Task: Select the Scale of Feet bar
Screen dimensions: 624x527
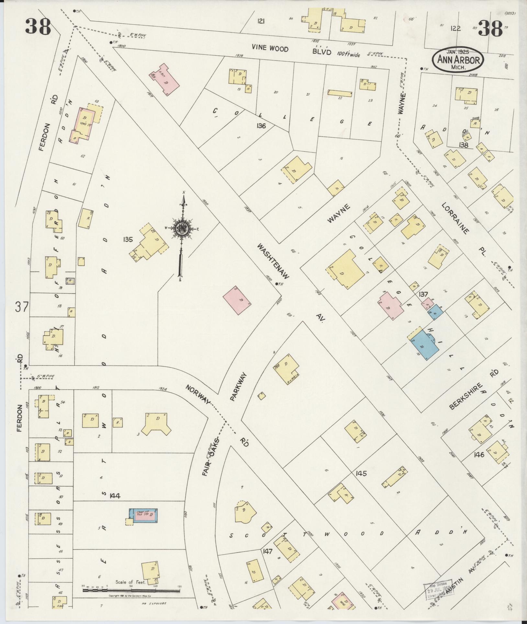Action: coord(131,591)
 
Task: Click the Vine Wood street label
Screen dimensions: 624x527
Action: coord(270,48)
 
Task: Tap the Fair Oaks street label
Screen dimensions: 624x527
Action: coord(211,457)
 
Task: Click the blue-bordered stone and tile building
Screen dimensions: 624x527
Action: coord(143,516)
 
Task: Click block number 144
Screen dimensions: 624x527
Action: coord(115,505)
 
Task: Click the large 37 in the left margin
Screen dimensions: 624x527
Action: coord(22,307)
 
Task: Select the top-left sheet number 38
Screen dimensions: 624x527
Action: coord(38,27)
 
